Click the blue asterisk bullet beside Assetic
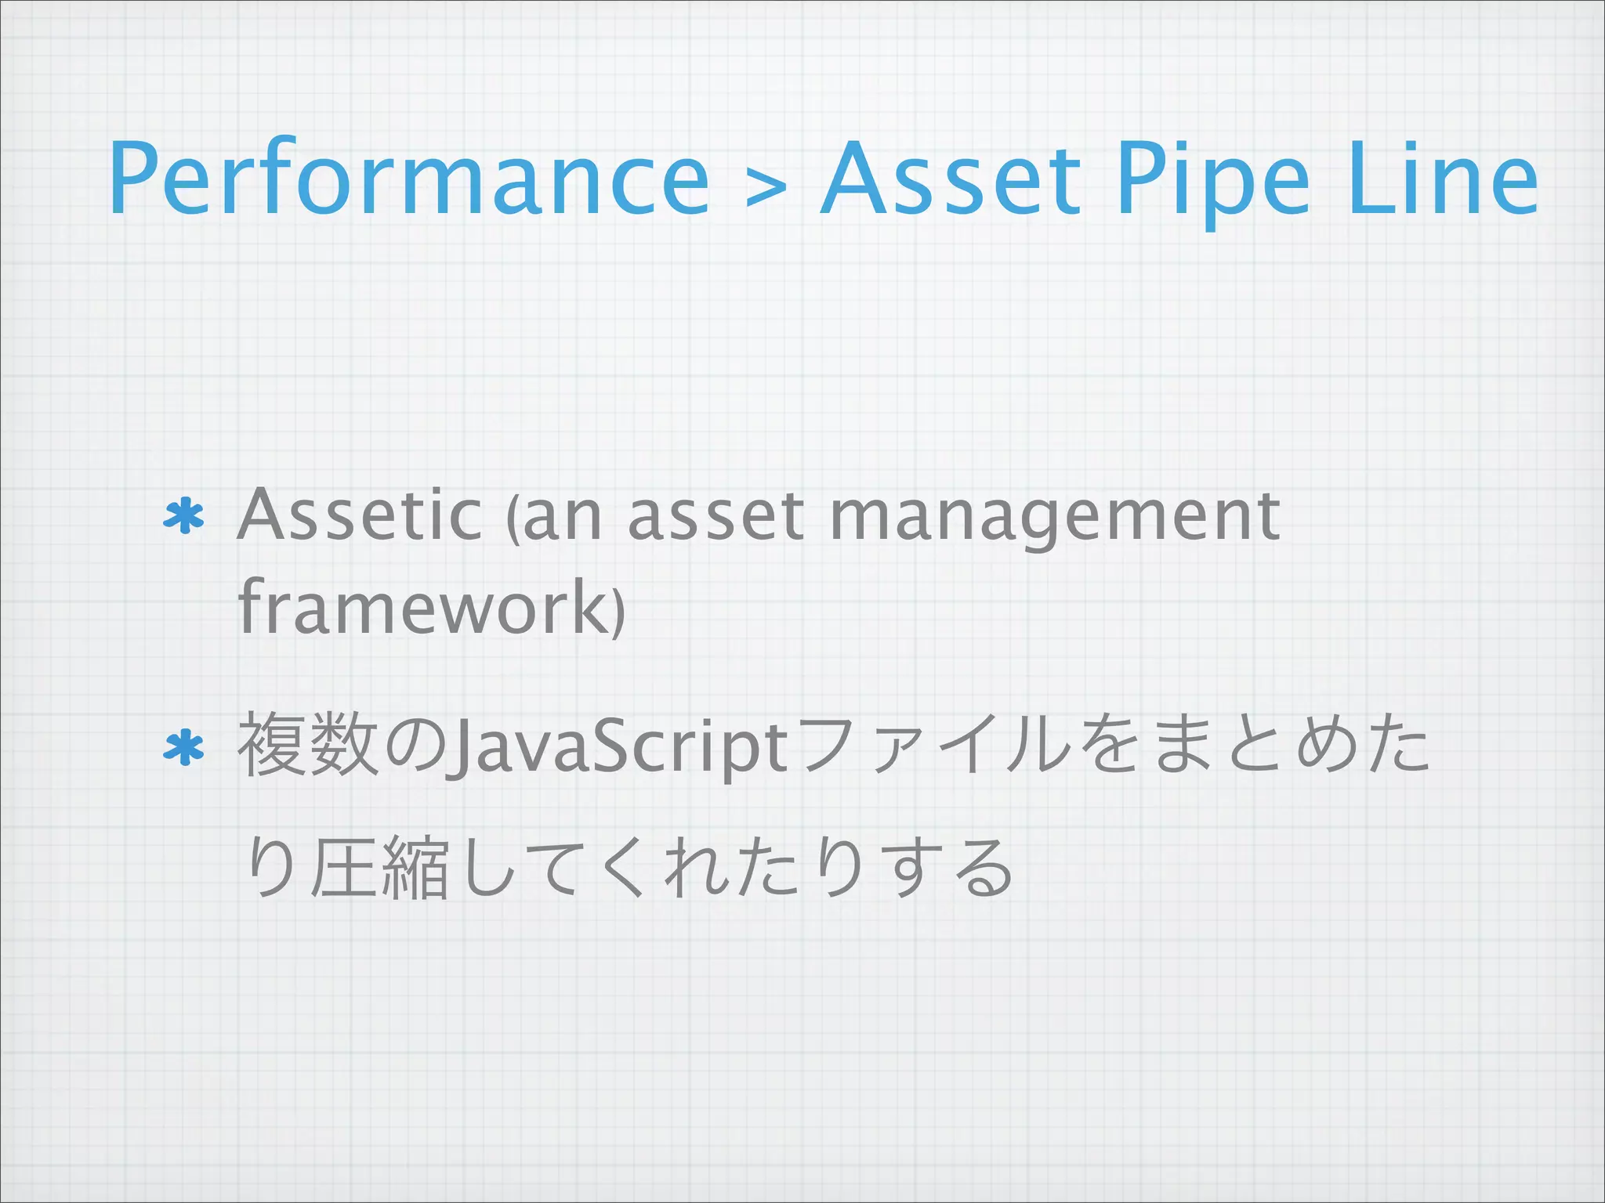tap(183, 517)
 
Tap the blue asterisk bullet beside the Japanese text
tap(183, 750)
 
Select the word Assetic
tap(359, 515)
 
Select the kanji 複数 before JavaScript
tap(306, 746)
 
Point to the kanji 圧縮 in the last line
tap(379, 868)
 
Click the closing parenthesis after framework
tap(619, 611)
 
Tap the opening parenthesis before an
tap(512, 521)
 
